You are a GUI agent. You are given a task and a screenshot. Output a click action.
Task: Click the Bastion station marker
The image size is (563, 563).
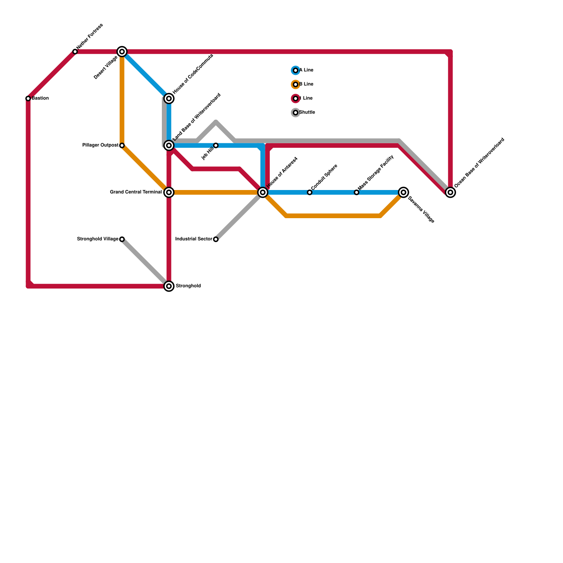click(x=28, y=99)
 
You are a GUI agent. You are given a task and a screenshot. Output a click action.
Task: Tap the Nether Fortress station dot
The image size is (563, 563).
click(x=75, y=52)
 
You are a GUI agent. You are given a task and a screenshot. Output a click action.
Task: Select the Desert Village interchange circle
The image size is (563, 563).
click(x=122, y=52)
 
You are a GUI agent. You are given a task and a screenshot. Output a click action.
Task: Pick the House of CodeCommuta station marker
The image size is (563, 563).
click(x=169, y=99)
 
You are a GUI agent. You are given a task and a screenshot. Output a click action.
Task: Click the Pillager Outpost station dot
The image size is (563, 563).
click(x=122, y=145)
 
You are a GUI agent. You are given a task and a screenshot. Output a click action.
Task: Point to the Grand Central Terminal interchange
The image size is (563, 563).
click(x=169, y=192)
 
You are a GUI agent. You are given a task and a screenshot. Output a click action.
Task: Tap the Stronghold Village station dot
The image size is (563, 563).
click(x=122, y=239)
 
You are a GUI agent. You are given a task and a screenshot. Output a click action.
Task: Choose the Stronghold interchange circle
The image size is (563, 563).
click(x=169, y=286)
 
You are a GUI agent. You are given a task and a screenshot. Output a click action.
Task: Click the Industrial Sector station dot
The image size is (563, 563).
click(x=216, y=239)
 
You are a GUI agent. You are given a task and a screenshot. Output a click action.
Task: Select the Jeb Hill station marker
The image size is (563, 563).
click(x=216, y=145)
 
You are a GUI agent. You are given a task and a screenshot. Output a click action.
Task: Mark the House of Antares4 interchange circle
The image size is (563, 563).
click(x=263, y=192)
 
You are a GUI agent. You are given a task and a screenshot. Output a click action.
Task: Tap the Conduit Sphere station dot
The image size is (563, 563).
click(x=310, y=192)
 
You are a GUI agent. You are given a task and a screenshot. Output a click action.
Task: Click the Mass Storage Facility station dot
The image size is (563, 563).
click(x=356, y=192)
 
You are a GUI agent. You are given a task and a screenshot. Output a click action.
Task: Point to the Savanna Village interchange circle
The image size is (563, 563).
click(x=404, y=192)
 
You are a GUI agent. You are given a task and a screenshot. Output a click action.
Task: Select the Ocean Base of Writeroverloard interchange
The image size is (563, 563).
click(x=450, y=192)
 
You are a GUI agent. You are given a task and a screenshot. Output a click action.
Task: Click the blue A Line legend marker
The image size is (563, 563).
click(x=296, y=70)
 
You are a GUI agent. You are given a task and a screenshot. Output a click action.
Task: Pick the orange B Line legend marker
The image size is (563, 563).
click(x=296, y=84)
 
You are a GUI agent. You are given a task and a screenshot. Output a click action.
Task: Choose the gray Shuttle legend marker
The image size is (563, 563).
click(x=296, y=113)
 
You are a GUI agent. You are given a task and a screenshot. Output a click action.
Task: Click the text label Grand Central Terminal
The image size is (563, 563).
click(x=136, y=192)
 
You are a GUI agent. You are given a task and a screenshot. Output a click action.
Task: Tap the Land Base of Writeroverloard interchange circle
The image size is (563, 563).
click(x=169, y=145)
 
